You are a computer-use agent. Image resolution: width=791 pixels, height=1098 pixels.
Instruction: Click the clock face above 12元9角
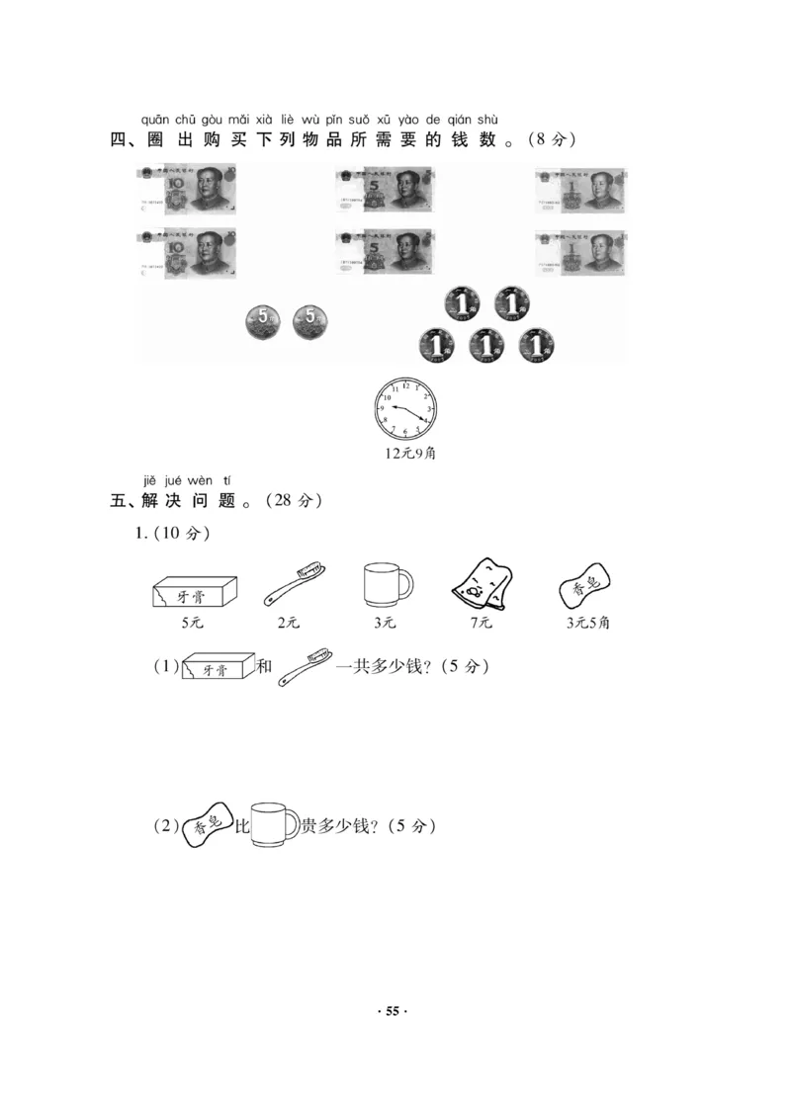[404, 408]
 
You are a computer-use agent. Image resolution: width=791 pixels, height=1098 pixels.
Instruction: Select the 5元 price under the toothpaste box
[193, 623]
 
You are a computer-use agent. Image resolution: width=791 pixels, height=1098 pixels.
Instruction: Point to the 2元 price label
[289, 623]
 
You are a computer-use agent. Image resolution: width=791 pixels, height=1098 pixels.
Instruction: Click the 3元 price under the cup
[384, 623]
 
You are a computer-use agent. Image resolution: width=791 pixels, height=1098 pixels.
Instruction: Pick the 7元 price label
[481, 623]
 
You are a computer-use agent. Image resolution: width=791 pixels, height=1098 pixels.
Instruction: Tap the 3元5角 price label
[587, 623]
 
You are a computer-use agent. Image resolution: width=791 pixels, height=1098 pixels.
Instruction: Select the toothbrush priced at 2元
[295, 584]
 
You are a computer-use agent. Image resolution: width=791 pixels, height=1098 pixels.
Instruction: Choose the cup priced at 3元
[386, 584]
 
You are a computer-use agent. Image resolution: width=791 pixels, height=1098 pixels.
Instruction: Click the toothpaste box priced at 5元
[195, 590]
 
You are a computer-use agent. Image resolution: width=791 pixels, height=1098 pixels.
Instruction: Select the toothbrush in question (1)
[306, 667]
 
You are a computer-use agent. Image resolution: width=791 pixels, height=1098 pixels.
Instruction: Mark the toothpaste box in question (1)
[214, 668]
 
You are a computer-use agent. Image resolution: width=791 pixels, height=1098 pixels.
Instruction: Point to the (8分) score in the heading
[550, 140]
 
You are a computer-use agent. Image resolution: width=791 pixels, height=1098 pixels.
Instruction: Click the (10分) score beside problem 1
[183, 535]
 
